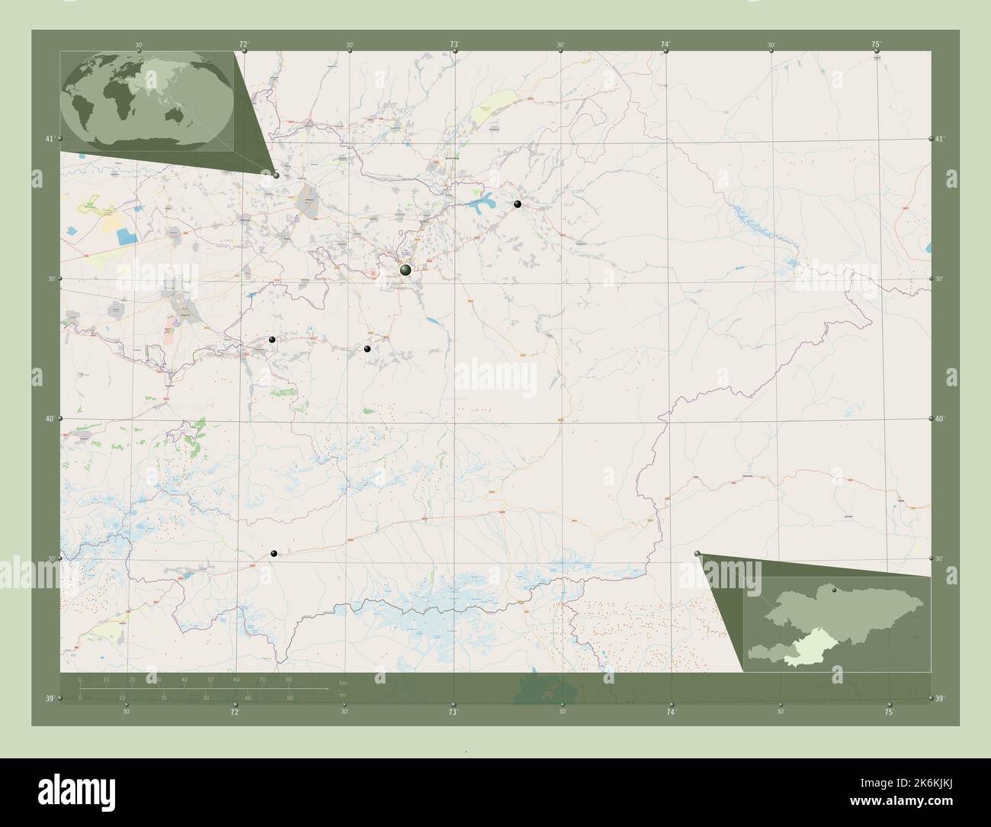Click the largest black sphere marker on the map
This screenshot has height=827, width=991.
click(406, 269)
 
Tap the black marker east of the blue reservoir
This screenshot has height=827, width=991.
click(518, 204)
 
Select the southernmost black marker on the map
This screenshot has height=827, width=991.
click(274, 554)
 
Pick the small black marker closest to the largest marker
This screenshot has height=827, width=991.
click(367, 349)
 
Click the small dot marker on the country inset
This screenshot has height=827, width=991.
click(834, 590)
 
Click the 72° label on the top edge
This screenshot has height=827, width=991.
click(244, 45)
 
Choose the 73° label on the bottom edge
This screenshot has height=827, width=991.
click(453, 712)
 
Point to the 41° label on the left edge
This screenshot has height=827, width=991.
click(50, 139)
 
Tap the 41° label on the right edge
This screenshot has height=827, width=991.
click(940, 139)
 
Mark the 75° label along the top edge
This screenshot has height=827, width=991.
click(877, 45)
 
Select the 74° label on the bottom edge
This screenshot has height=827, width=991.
click(671, 712)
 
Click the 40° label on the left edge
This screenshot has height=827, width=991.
click(50, 419)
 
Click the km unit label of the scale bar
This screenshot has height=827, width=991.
click(343, 682)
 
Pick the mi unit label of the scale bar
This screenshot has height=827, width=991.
click(343, 693)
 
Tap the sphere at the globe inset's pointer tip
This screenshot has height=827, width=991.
click(276, 175)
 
